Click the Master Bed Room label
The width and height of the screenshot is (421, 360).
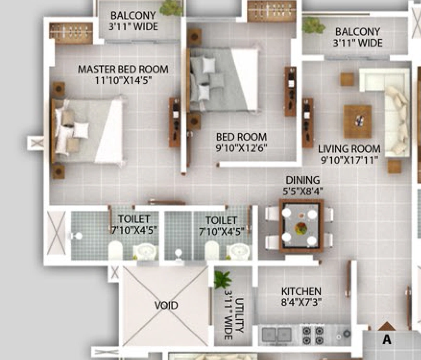click(123, 69)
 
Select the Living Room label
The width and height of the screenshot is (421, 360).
click(349, 149)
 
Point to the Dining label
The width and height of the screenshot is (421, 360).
click(302, 180)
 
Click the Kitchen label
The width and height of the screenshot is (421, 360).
click(301, 291)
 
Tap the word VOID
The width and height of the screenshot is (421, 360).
click(166, 305)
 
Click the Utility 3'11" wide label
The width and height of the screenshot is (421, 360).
click(234, 316)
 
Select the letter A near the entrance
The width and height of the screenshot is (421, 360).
click(386, 339)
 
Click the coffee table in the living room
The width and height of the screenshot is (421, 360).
click(358, 121)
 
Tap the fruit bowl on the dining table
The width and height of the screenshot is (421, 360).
click(301, 228)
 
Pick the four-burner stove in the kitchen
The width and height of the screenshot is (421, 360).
click(313, 335)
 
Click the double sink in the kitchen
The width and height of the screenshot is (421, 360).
click(277, 335)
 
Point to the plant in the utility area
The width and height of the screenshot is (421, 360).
click(223, 279)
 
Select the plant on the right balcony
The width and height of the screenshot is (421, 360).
click(313, 25)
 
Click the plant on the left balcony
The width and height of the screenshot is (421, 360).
click(171, 8)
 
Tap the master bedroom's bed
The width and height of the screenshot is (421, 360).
click(87, 131)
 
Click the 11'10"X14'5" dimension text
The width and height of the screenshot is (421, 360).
click(123, 80)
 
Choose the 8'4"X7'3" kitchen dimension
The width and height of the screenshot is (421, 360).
click(301, 302)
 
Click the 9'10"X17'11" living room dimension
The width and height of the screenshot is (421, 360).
click(349, 160)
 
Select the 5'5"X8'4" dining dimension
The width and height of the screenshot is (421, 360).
click(302, 191)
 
